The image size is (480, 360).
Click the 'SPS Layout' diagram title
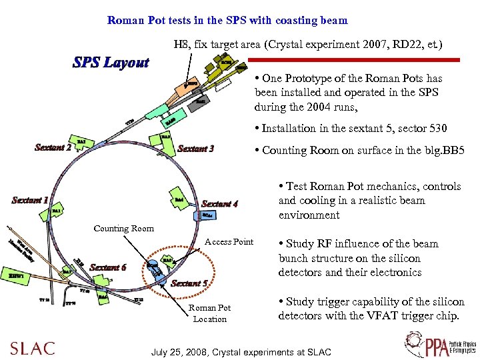[x=111, y=63]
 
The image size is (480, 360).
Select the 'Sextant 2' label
[x=53, y=147]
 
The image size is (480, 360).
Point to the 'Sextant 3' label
[x=195, y=149]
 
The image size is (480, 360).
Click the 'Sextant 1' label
[x=30, y=200]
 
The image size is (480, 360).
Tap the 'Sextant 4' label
[x=219, y=204]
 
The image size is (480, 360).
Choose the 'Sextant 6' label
[x=107, y=267]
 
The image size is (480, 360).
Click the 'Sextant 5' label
[x=189, y=283]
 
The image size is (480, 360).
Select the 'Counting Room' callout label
[x=123, y=229]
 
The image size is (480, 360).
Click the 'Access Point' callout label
[x=229, y=241]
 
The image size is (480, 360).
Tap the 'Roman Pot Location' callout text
[x=209, y=313]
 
